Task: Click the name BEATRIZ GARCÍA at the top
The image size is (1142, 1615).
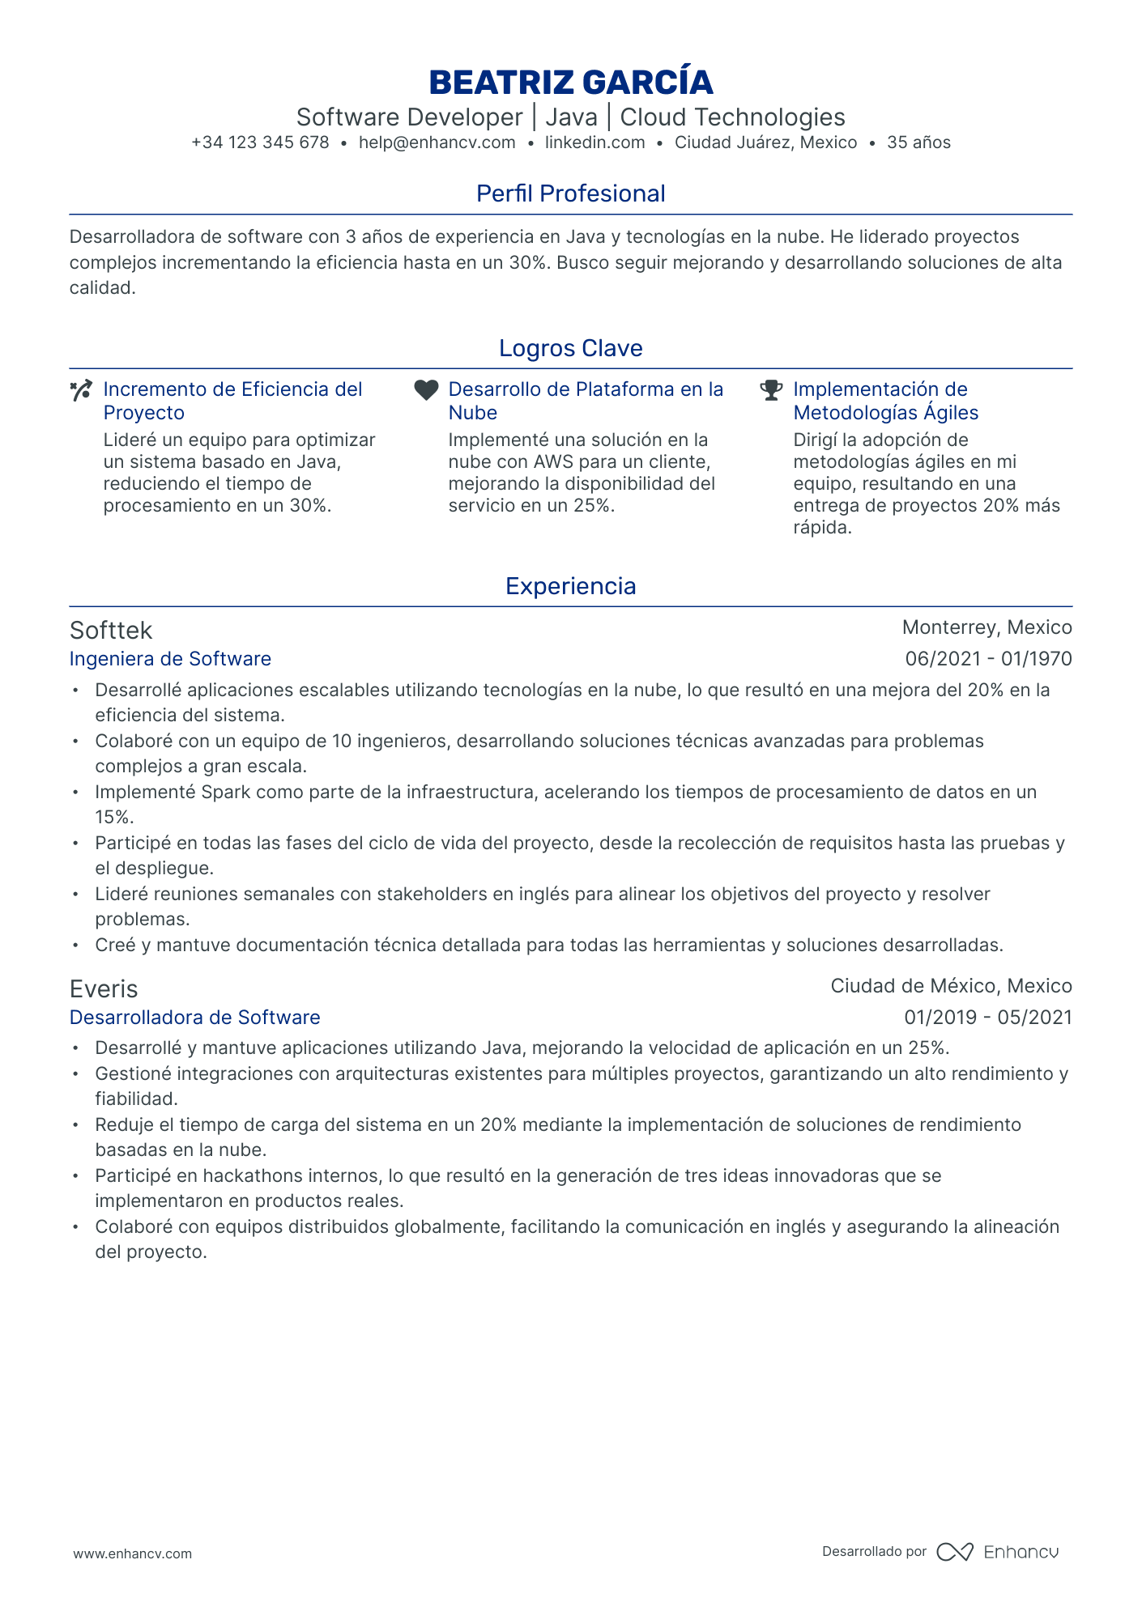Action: pos(570,83)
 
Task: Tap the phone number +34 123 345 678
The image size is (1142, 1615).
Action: pos(260,143)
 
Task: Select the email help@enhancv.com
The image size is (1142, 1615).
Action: pos(437,143)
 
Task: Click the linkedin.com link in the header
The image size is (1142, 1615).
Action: pos(594,143)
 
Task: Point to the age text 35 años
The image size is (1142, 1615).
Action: pos(918,143)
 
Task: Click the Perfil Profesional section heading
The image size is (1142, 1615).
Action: pos(570,193)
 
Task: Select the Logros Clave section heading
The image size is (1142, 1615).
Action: pos(570,348)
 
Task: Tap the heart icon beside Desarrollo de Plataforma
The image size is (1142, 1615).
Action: pos(426,390)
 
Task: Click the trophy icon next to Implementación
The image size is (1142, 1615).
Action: pos(771,390)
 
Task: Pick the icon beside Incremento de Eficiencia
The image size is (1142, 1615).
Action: pos(81,390)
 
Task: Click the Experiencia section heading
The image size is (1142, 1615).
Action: pos(570,586)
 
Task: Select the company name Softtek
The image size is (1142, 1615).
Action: pos(111,631)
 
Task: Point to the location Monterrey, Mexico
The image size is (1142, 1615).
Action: pos(986,627)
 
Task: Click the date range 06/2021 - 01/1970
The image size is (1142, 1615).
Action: pos(988,659)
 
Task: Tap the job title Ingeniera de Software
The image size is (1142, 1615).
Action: pos(170,659)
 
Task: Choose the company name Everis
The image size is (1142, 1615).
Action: pos(104,989)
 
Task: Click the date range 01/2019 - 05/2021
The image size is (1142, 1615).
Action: pos(988,1018)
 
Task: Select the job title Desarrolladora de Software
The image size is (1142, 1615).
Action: pos(194,1018)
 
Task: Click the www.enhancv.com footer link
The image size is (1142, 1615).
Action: pos(133,1553)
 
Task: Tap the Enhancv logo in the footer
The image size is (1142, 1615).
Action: pos(997,1552)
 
